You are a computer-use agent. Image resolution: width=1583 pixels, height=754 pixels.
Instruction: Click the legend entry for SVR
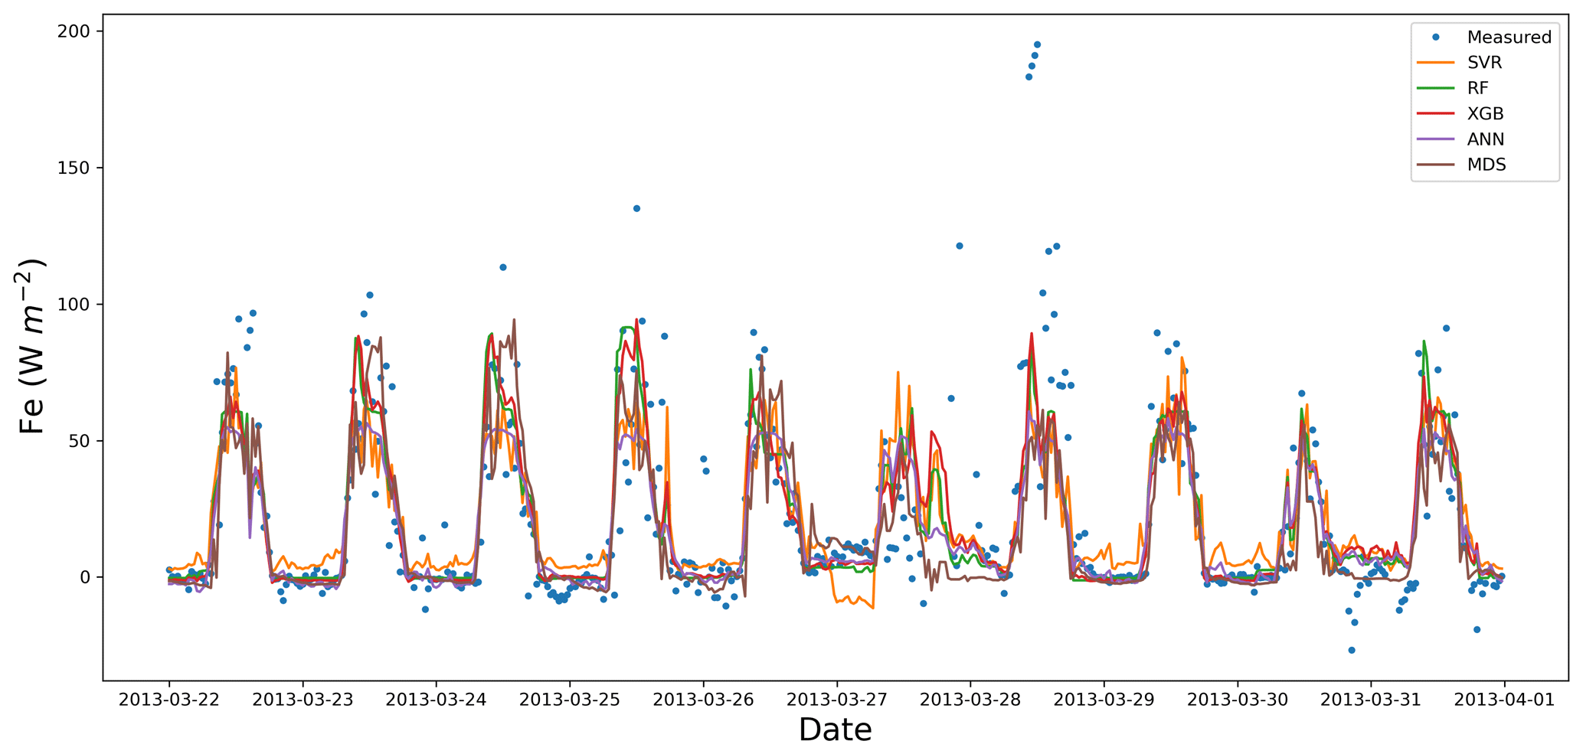point(1484,63)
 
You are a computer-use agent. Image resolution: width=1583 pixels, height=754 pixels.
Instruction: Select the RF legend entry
point(1477,88)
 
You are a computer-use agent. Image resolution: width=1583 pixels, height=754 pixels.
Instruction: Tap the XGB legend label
point(1485,114)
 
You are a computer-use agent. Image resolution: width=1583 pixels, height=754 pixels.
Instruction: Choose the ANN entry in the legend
point(1485,139)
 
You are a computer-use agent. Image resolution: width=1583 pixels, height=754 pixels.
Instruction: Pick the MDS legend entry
point(1486,165)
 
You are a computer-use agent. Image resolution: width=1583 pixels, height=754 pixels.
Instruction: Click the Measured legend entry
point(1509,37)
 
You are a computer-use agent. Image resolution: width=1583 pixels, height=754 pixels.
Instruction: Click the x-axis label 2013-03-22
point(168,700)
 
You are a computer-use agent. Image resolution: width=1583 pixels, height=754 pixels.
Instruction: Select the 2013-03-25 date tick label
point(569,700)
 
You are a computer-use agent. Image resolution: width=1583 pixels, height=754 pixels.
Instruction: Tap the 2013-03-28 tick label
point(970,700)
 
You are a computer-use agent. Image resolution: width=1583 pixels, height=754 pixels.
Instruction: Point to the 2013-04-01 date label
point(1504,700)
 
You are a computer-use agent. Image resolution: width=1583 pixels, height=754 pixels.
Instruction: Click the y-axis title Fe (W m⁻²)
point(32,347)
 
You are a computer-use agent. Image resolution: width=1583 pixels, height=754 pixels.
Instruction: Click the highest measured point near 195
point(1037,44)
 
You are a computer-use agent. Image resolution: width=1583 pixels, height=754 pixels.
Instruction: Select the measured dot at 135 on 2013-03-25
point(636,208)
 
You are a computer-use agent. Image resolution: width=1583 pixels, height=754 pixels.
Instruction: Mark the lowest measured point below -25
point(1352,650)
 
